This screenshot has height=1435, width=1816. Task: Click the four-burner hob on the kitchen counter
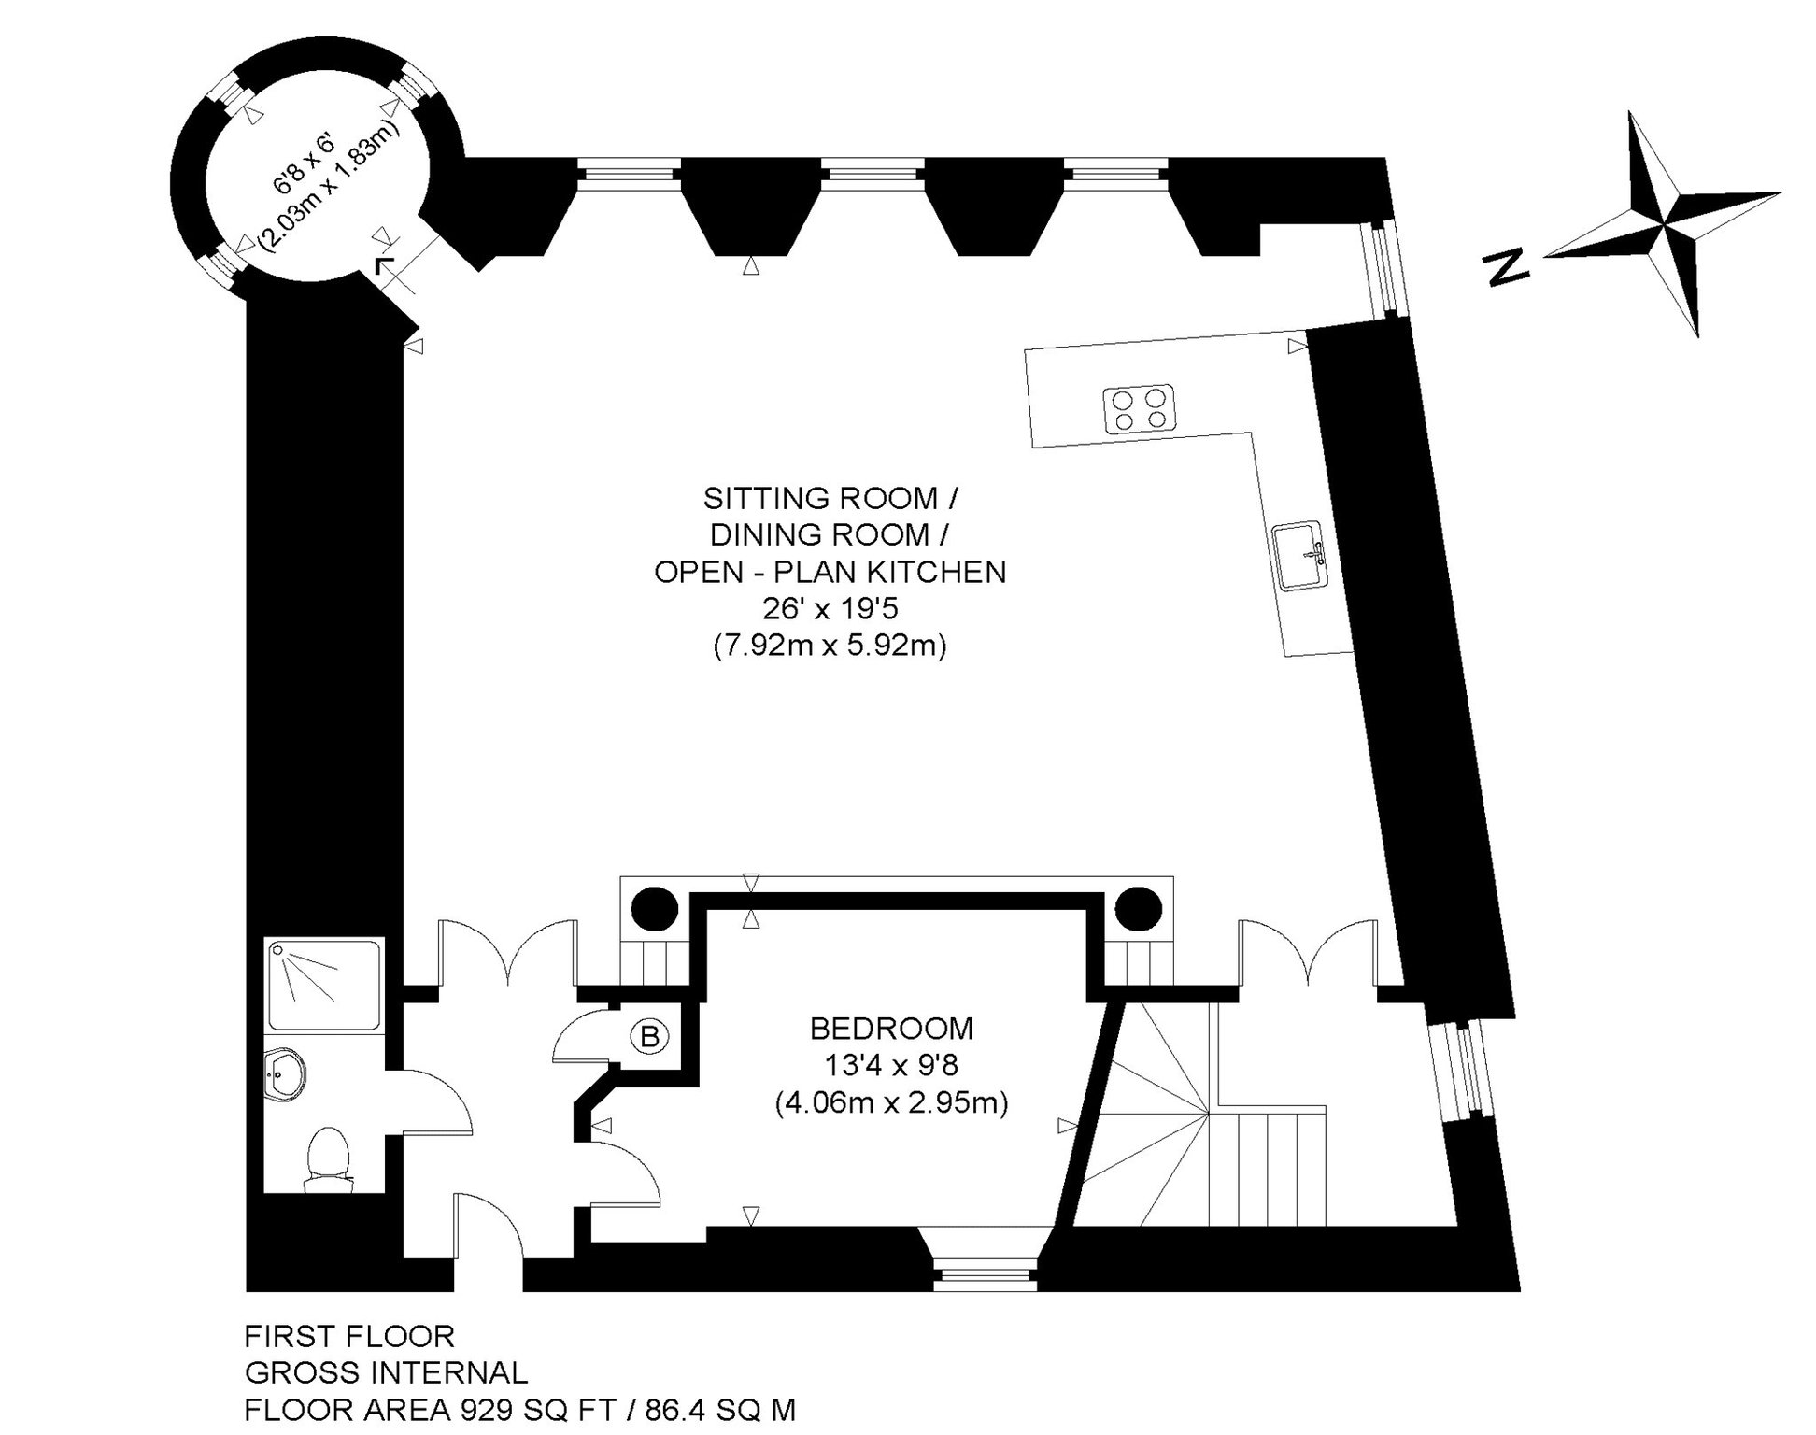(x=1139, y=409)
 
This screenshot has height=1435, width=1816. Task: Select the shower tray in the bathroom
(x=323, y=985)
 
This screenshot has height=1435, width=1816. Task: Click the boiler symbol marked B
(x=649, y=1036)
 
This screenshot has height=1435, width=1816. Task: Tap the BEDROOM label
(x=891, y=1029)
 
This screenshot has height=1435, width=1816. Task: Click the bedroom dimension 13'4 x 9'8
(x=891, y=1066)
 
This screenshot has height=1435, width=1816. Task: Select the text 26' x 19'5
(x=830, y=609)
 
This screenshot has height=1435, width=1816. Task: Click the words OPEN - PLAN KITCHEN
(x=830, y=572)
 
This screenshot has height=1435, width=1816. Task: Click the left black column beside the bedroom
(x=655, y=906)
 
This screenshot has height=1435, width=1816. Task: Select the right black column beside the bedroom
(x=1138, y=906)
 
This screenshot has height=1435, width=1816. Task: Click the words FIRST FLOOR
(x=349, y=1337)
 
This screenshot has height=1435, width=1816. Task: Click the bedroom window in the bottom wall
(x=985, y=1275)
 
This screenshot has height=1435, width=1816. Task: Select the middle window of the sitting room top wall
(x=873, y=172)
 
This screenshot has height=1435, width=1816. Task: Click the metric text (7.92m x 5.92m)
(x=830, y=646)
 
